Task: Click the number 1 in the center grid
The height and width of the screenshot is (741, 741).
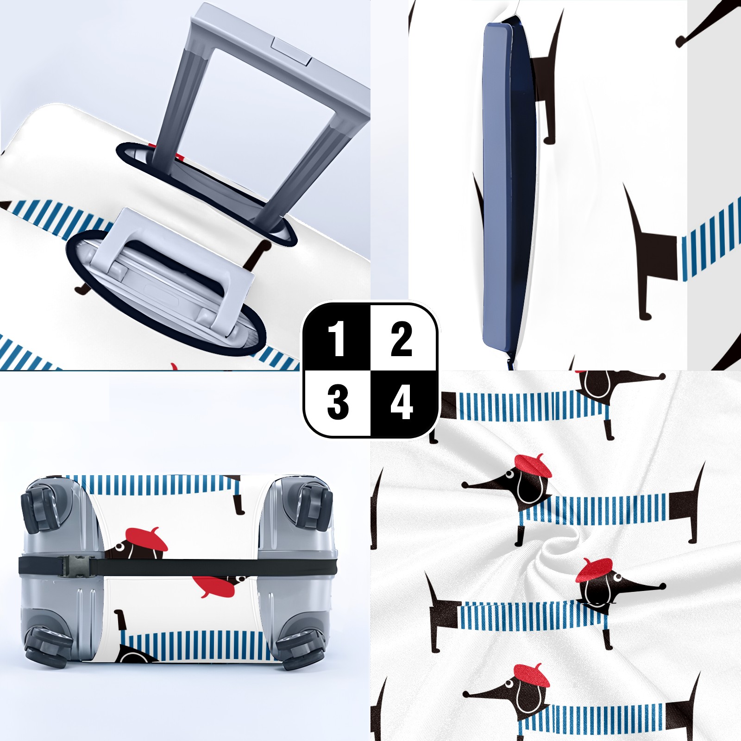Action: [337, 339]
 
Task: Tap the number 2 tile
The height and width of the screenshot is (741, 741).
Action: [401, 339]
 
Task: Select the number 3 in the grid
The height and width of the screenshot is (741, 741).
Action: [338, 402]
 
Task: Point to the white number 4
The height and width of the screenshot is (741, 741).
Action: [401, 402]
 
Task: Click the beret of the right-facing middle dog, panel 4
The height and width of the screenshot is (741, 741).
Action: [594, 570]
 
